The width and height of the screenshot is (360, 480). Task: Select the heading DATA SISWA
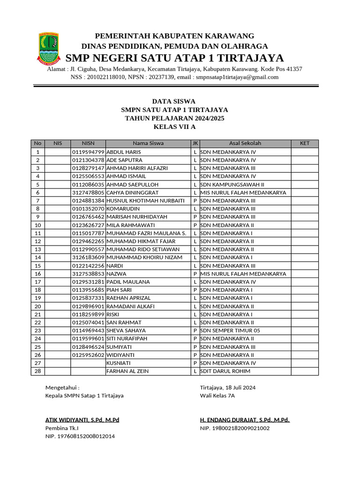pos(174,101)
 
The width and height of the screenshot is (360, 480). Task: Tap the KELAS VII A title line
pos(174,127)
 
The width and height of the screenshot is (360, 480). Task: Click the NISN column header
pos(88,143)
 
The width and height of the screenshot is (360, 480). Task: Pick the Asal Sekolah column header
pos(245,143)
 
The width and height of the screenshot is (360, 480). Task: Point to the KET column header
pos(304,143)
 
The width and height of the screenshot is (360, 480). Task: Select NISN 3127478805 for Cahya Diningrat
pos(88,193)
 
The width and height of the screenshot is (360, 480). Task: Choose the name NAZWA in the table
pos(117,274)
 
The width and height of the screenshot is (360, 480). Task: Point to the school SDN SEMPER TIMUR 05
pos(230,330)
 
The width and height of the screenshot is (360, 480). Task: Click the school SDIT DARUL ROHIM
pos(225,371)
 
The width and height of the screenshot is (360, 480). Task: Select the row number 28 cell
pos(38,371)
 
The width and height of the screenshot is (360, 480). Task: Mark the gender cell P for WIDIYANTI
pos(195,355)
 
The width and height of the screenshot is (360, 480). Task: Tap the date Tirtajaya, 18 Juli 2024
pos(228,388)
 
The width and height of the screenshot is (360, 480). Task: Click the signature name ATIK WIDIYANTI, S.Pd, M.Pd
pos(82,420)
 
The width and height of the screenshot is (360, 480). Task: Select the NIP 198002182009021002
pos(235,428)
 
